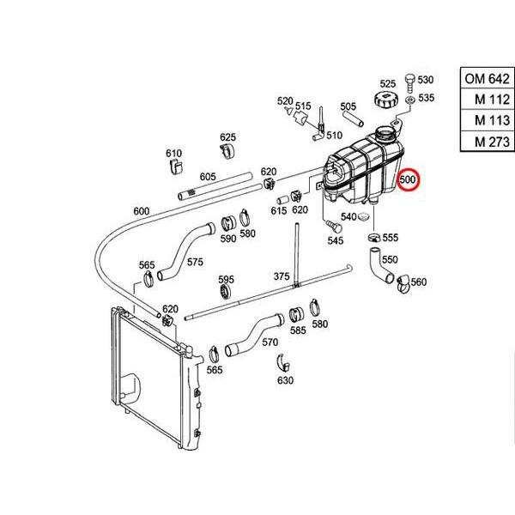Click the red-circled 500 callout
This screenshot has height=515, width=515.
pos(408,180)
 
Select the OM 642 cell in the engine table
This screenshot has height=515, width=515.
pos(487,78)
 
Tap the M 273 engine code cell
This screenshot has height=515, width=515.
pos(487,142)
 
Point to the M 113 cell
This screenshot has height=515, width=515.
pos(487,120)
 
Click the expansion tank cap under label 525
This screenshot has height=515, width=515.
pos(386,99)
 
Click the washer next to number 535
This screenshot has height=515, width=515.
pos(410,100)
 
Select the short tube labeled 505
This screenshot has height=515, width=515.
pos(353,118)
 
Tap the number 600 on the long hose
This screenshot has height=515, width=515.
pos(142,211)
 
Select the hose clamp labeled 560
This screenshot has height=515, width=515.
pos(404,284)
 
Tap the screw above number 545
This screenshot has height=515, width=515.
pos(334,227)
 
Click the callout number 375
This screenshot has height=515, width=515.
pos(282,276)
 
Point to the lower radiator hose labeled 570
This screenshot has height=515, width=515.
pos(255,335)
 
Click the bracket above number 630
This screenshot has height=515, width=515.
pos(282,364)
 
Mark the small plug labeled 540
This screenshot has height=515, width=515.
pos(364,216)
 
